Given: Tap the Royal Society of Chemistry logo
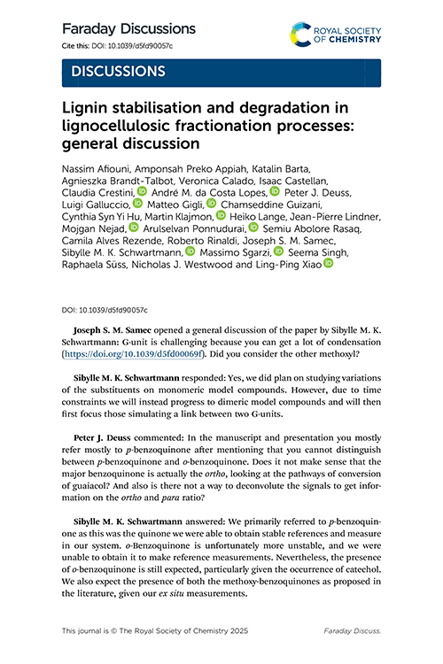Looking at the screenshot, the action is (338, 35).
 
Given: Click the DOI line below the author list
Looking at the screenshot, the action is (105, 312).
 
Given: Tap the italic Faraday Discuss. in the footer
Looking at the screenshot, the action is (357, 630).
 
